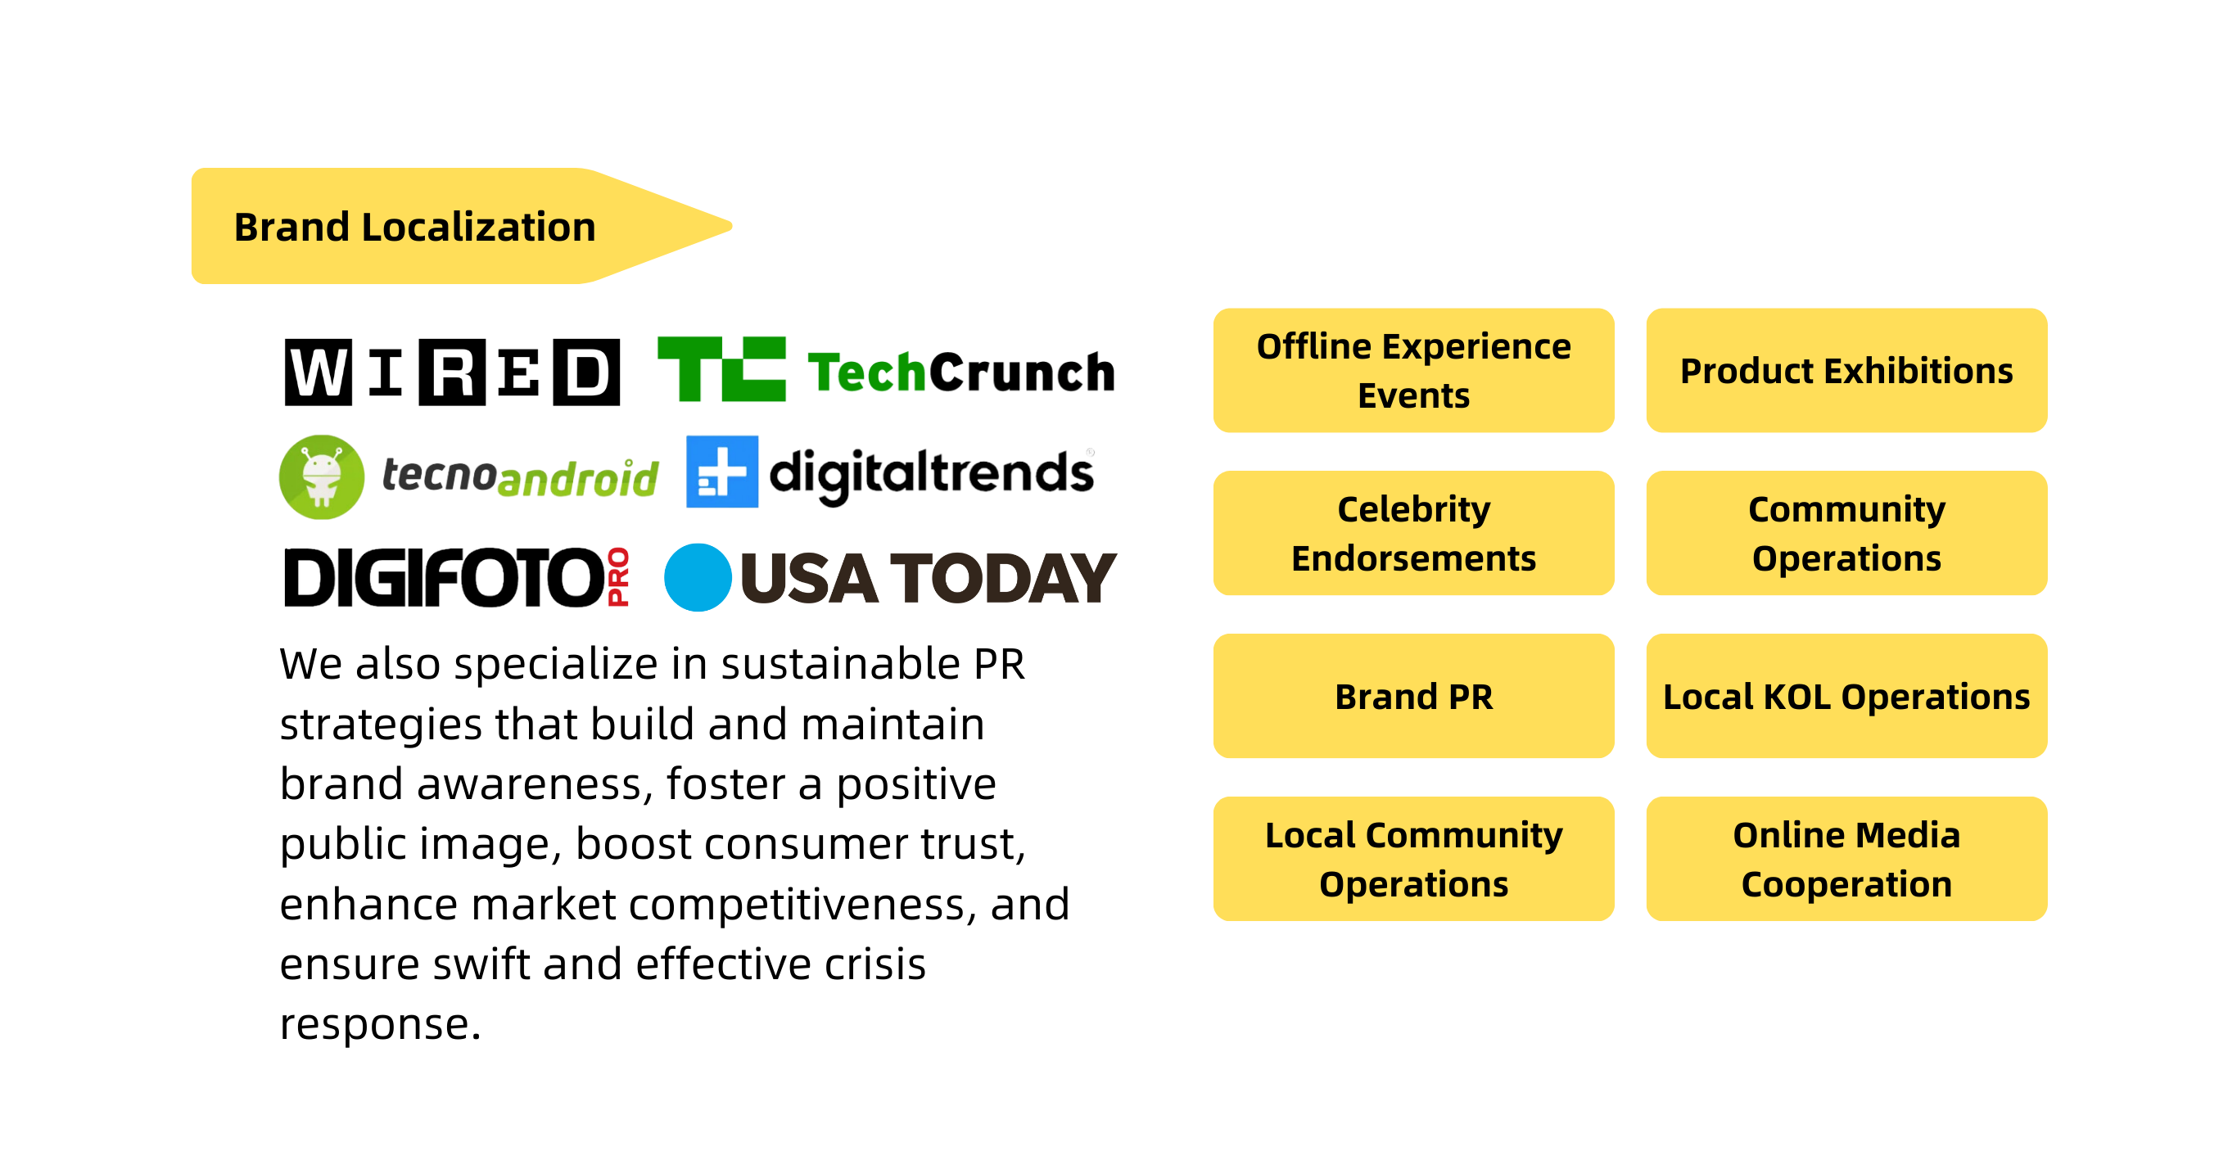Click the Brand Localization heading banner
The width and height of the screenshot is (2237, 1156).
(460, 226)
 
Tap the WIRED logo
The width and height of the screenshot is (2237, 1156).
(453, 372)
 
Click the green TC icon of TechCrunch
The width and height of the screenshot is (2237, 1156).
(721, 368)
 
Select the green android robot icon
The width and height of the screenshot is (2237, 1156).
(321, 476)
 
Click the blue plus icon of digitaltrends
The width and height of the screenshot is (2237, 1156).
(721, 472)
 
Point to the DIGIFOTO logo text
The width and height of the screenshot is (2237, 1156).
(443, 576)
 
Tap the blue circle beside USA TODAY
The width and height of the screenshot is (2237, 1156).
(698, 576)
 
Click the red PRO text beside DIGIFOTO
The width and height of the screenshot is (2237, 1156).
(617, 576)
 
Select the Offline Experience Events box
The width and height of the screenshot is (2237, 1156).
(1413, 370)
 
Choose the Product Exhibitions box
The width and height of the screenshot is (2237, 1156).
(1846, 370)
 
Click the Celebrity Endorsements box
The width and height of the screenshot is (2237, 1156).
(1413, 532)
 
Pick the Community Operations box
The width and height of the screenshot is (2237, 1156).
(1846, 532)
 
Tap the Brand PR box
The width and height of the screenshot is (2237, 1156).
(1413, 696)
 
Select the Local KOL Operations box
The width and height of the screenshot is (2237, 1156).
(1846, 696)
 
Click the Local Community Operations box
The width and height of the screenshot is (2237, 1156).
(1413, 858)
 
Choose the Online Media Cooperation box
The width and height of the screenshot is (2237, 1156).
(1846, 858)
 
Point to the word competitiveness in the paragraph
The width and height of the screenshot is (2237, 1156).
(798, 905)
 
